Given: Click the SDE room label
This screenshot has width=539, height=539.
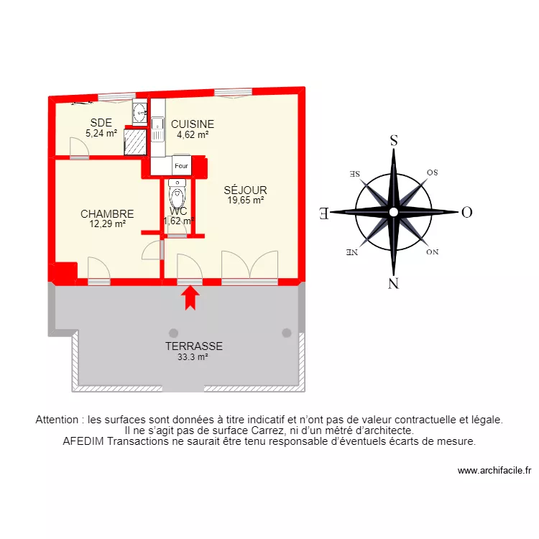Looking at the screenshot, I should pyautogui.click(x=100, y=122).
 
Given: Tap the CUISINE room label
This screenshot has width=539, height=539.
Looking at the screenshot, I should pyautogui.click(x=192, y=124).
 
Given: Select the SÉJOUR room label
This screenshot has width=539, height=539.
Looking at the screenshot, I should pyautogui.click(x=245, y=190).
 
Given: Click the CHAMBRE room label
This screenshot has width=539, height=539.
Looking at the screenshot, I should pyautogui.click(x=107, y=214).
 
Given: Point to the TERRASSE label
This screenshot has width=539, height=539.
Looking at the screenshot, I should pyautogui.click(x=193, y=346).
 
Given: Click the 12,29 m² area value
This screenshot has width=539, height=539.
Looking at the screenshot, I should pyautogui.click(x=106, y=224).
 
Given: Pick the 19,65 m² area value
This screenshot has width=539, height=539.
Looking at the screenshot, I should pyautogui.click(x=245, y=201).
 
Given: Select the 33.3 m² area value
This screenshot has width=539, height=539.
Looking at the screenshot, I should pyautogui.click(x=192, y=356).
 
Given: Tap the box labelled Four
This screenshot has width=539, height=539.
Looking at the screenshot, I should pyautogui.click(x=181, y=166).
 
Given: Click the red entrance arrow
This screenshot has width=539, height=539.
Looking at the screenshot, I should pyautogui.click(x=190, y=298).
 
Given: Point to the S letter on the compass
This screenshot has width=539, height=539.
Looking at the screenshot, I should pyautogui.click(x=393, y=141).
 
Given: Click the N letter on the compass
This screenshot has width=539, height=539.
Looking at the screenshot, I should pyautogui.click(x=393, y=282).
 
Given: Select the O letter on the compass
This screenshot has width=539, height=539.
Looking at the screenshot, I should pyautogui.click(x=466, y=212).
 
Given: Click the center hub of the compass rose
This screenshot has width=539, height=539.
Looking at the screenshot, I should pyautogui.click(x=393, y=212).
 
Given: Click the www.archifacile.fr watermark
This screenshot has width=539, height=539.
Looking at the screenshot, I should pyautogui.click(x=494, y=471).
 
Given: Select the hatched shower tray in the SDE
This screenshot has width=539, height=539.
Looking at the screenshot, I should pyautogui.click(x=134, y=142).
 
